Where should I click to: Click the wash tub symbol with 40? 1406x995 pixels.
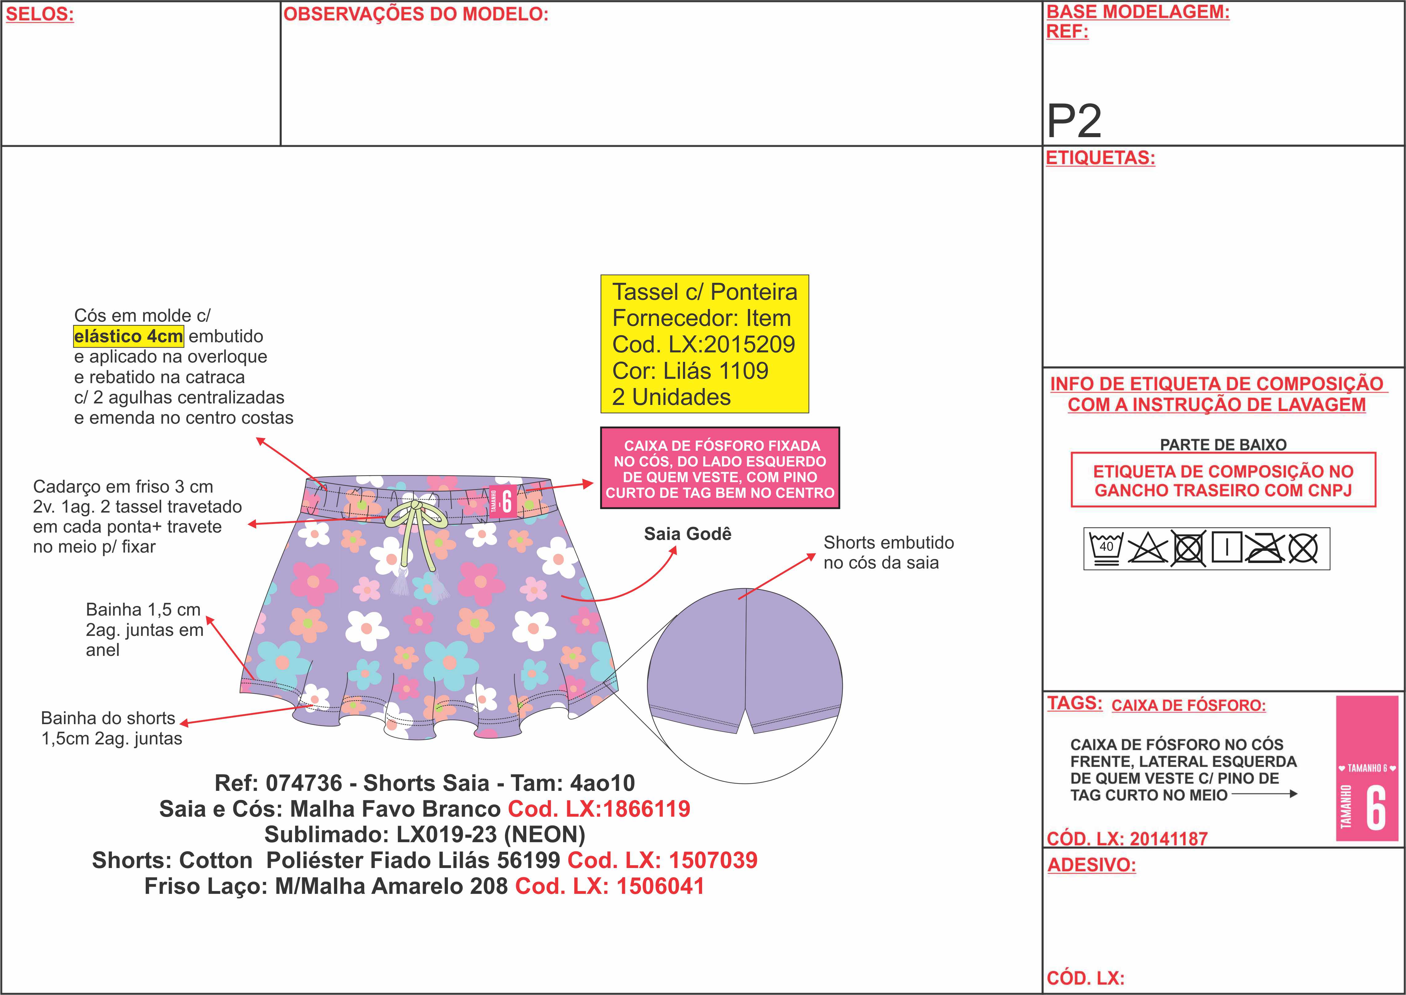pos(1106,548)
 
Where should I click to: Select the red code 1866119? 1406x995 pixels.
pos(647,809)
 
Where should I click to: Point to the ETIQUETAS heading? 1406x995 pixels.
pos(1100,158)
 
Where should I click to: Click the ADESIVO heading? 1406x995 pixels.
pos(1091,865)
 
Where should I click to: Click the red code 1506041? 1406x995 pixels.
pos(660,886)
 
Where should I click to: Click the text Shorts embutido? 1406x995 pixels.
pos(889,543)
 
